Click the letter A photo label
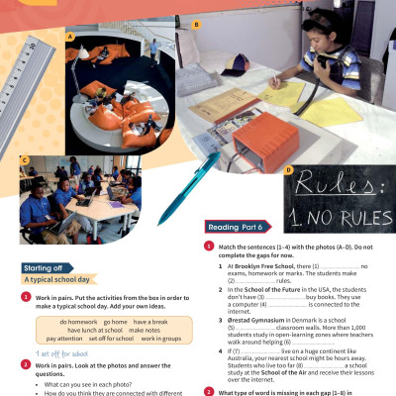pos(70,39)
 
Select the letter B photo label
pos(196,23)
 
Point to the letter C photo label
pos(24,158)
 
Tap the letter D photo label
pos(288,168)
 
